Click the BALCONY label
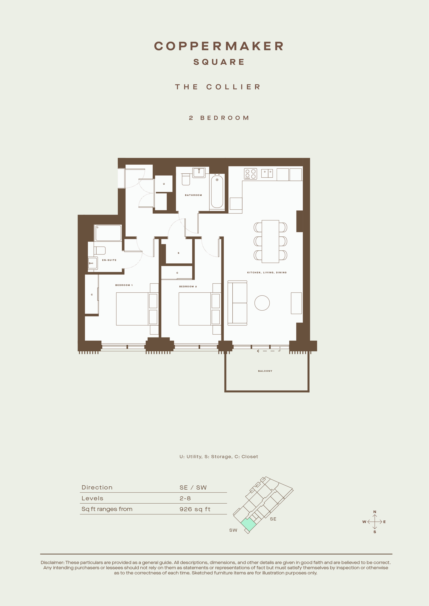(265, 371)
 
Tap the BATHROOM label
(193, 195)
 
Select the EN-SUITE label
(109, 260)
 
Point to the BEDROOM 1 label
(124, 285)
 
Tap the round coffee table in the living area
(262, 303)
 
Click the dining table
(270, 242)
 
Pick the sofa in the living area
(237, 303)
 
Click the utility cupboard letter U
(164, 184)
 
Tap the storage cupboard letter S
(179, 253)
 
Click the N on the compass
(375, 512)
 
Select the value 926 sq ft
(195, 509)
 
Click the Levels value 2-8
(185, 498)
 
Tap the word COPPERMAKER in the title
(219, 46)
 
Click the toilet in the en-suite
(100, 250)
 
